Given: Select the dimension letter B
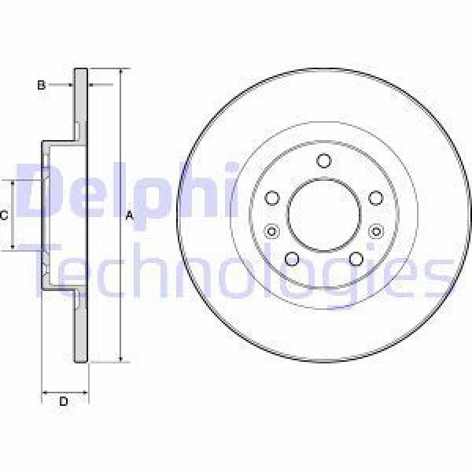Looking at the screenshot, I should tap(42, 85).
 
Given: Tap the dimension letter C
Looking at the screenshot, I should tap(5, 215).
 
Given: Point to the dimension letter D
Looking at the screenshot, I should tap(64, 402).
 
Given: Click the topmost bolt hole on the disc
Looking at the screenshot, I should tap(323, 161).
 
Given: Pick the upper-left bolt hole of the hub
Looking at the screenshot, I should tap(272, 197).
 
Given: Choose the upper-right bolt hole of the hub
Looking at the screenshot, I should tap(375, 197).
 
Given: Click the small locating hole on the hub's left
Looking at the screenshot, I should tap(272, 231).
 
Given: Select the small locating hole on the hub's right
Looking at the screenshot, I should tap(375, 231).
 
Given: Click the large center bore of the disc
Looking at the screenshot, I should tap(323, 214).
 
